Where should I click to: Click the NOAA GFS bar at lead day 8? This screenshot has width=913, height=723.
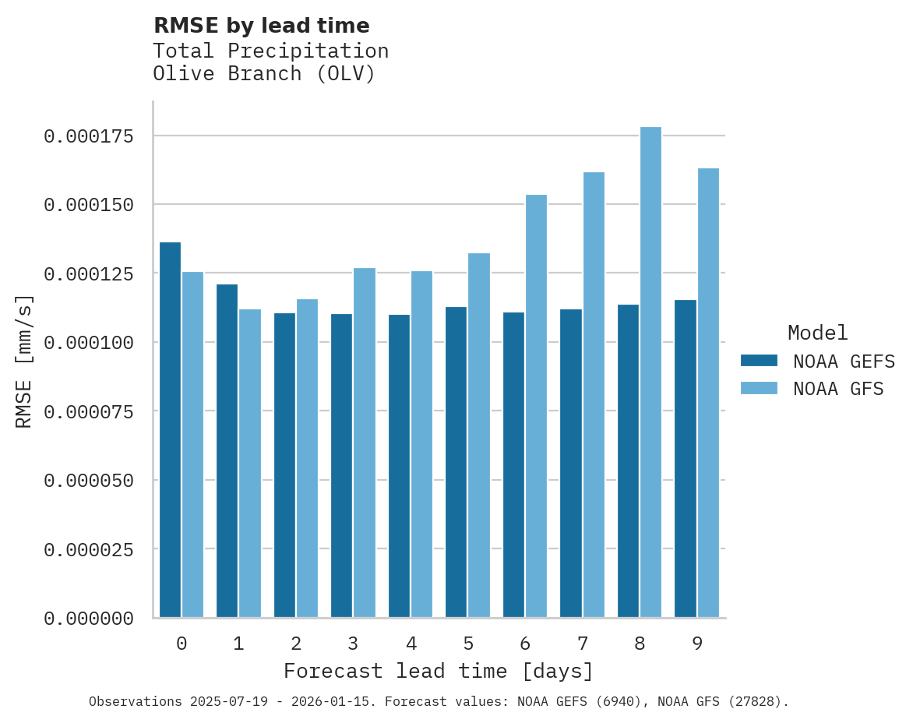(x=650, y=372)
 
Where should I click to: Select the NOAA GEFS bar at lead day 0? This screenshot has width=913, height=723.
(x=170, y=430)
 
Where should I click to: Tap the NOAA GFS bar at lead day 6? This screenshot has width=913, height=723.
(x=536, y=406)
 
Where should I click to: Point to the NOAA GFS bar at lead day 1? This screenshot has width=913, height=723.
(x=250, y=464)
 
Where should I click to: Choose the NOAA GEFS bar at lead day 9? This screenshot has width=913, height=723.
(x=686, y=459)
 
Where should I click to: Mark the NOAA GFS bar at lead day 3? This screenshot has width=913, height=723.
(x=365, y=443)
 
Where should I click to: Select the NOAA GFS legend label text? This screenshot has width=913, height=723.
(x=838, y=388)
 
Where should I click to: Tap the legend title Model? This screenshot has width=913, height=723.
(x=817, y=333)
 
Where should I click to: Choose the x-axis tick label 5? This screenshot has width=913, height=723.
(x=468, y=644)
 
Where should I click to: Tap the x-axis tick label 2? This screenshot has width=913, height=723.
(x=296, y=644)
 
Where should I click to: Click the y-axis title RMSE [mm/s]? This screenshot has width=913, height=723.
(x=24, y=361)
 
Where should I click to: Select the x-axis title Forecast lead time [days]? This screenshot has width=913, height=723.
(x=439, y=671)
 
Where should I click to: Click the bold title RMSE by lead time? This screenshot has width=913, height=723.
(x=261, y=26)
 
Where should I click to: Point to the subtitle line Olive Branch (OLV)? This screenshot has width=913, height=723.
(x=264, y=74)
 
